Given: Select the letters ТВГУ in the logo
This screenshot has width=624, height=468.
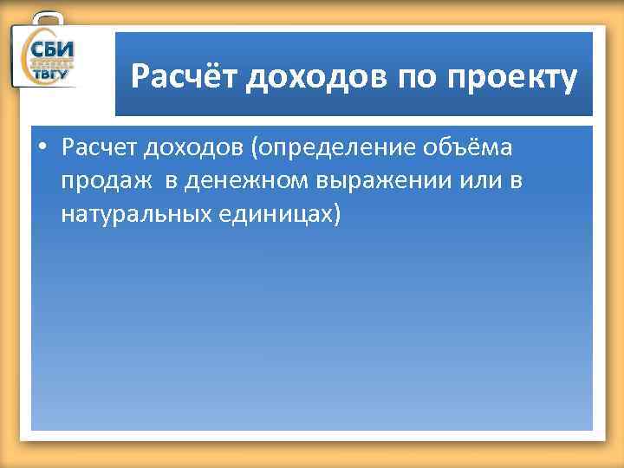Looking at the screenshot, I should pos(52,75).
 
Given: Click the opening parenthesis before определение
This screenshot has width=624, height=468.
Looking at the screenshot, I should pos(255,148).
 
